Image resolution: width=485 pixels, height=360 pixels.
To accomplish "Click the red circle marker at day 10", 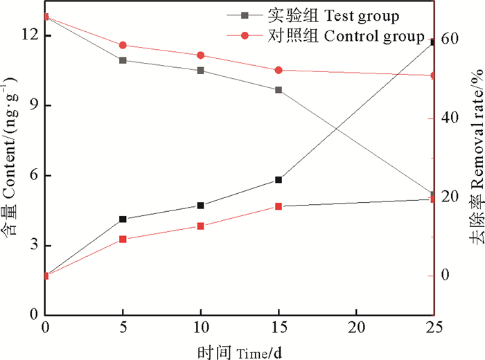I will click(x=201, y=55).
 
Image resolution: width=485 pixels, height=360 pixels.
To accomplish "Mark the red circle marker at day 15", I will click(x=279, y=70).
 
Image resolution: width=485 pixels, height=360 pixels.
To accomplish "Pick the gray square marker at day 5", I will click(x=123, y=60).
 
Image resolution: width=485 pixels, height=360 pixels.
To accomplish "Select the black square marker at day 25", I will click(x=433, y=42).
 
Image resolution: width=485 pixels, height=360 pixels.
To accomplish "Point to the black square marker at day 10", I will click(x=201, y=206).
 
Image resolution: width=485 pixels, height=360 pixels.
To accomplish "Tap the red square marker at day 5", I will click(x=123, y=239).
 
